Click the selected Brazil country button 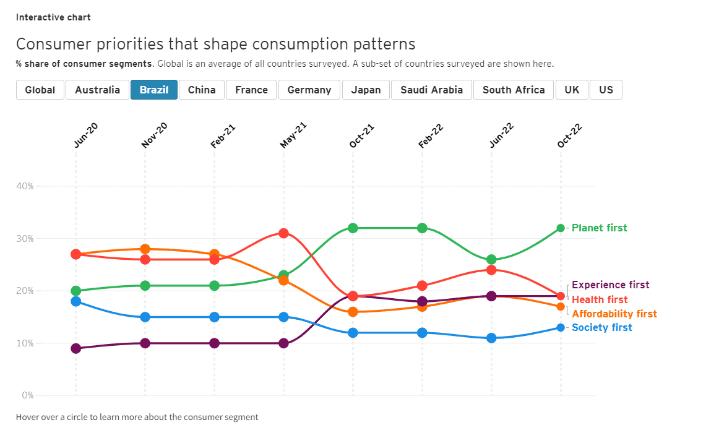point(154,90)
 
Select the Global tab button point(40,90)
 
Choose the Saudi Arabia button point(431,90)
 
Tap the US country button point(606,90)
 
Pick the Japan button point(366,90)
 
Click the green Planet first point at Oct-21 point(353,228)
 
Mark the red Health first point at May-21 point(283,233)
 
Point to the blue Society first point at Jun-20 point(76,301)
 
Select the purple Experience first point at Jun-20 point(76,348)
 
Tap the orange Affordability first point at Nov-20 point(145,249)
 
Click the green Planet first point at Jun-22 point(491,260)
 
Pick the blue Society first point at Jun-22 point(491,338)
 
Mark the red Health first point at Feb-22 point(422,286)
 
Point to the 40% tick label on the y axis point(25,186)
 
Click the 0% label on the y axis point(27,395)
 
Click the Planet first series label point(599,228)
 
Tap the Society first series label point(602,328)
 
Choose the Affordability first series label point(614,314)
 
